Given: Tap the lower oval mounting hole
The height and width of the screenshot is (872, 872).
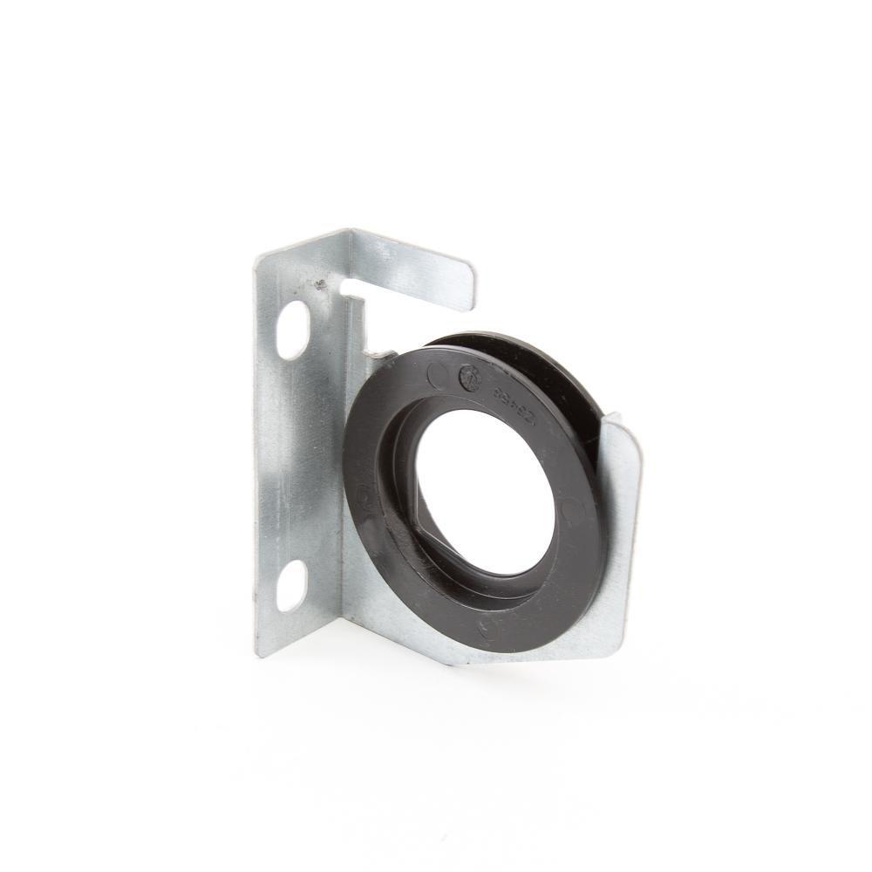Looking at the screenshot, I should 292,585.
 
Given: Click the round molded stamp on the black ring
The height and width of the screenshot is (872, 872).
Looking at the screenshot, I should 469,376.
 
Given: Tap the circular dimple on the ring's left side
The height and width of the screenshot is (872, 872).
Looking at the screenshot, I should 364,497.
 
